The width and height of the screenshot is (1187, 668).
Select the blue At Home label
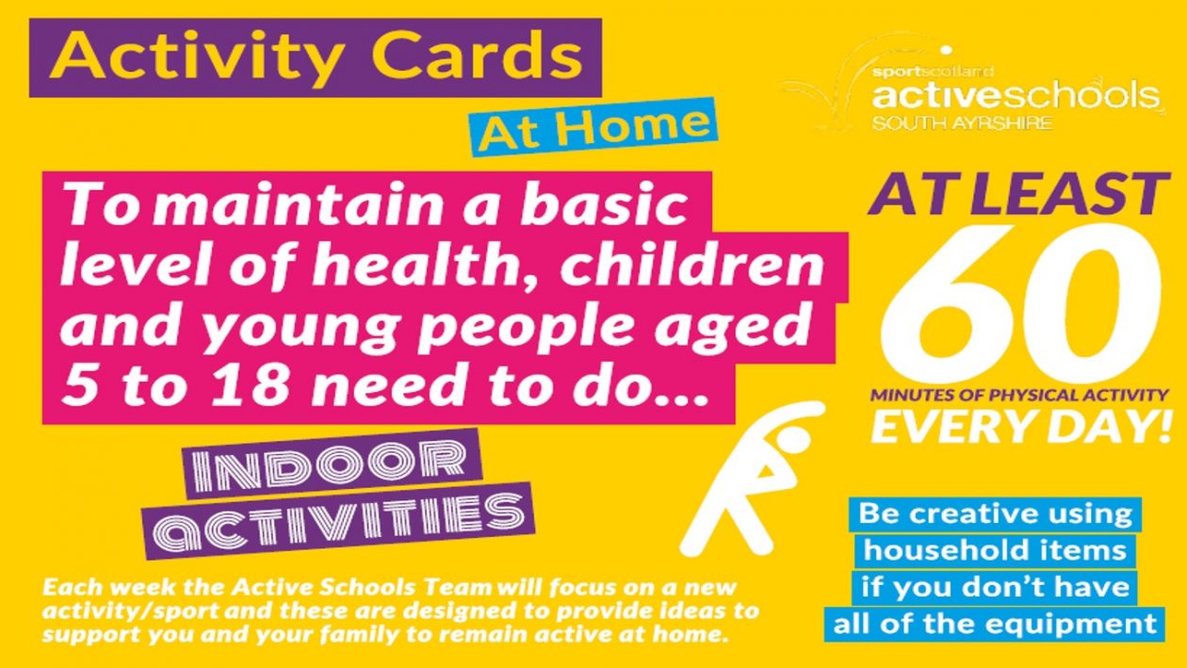593,127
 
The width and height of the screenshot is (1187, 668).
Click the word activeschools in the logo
1016,95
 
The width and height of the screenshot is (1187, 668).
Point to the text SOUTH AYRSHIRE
963,123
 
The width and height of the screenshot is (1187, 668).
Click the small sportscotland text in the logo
933,71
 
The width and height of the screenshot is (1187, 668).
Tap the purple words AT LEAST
1017,194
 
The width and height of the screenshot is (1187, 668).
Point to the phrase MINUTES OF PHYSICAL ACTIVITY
1019,395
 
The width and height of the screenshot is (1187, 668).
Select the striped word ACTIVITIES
339,521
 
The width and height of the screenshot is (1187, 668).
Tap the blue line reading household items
994,550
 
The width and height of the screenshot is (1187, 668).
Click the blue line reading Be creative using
995,513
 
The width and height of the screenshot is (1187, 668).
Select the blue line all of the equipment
994,624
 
